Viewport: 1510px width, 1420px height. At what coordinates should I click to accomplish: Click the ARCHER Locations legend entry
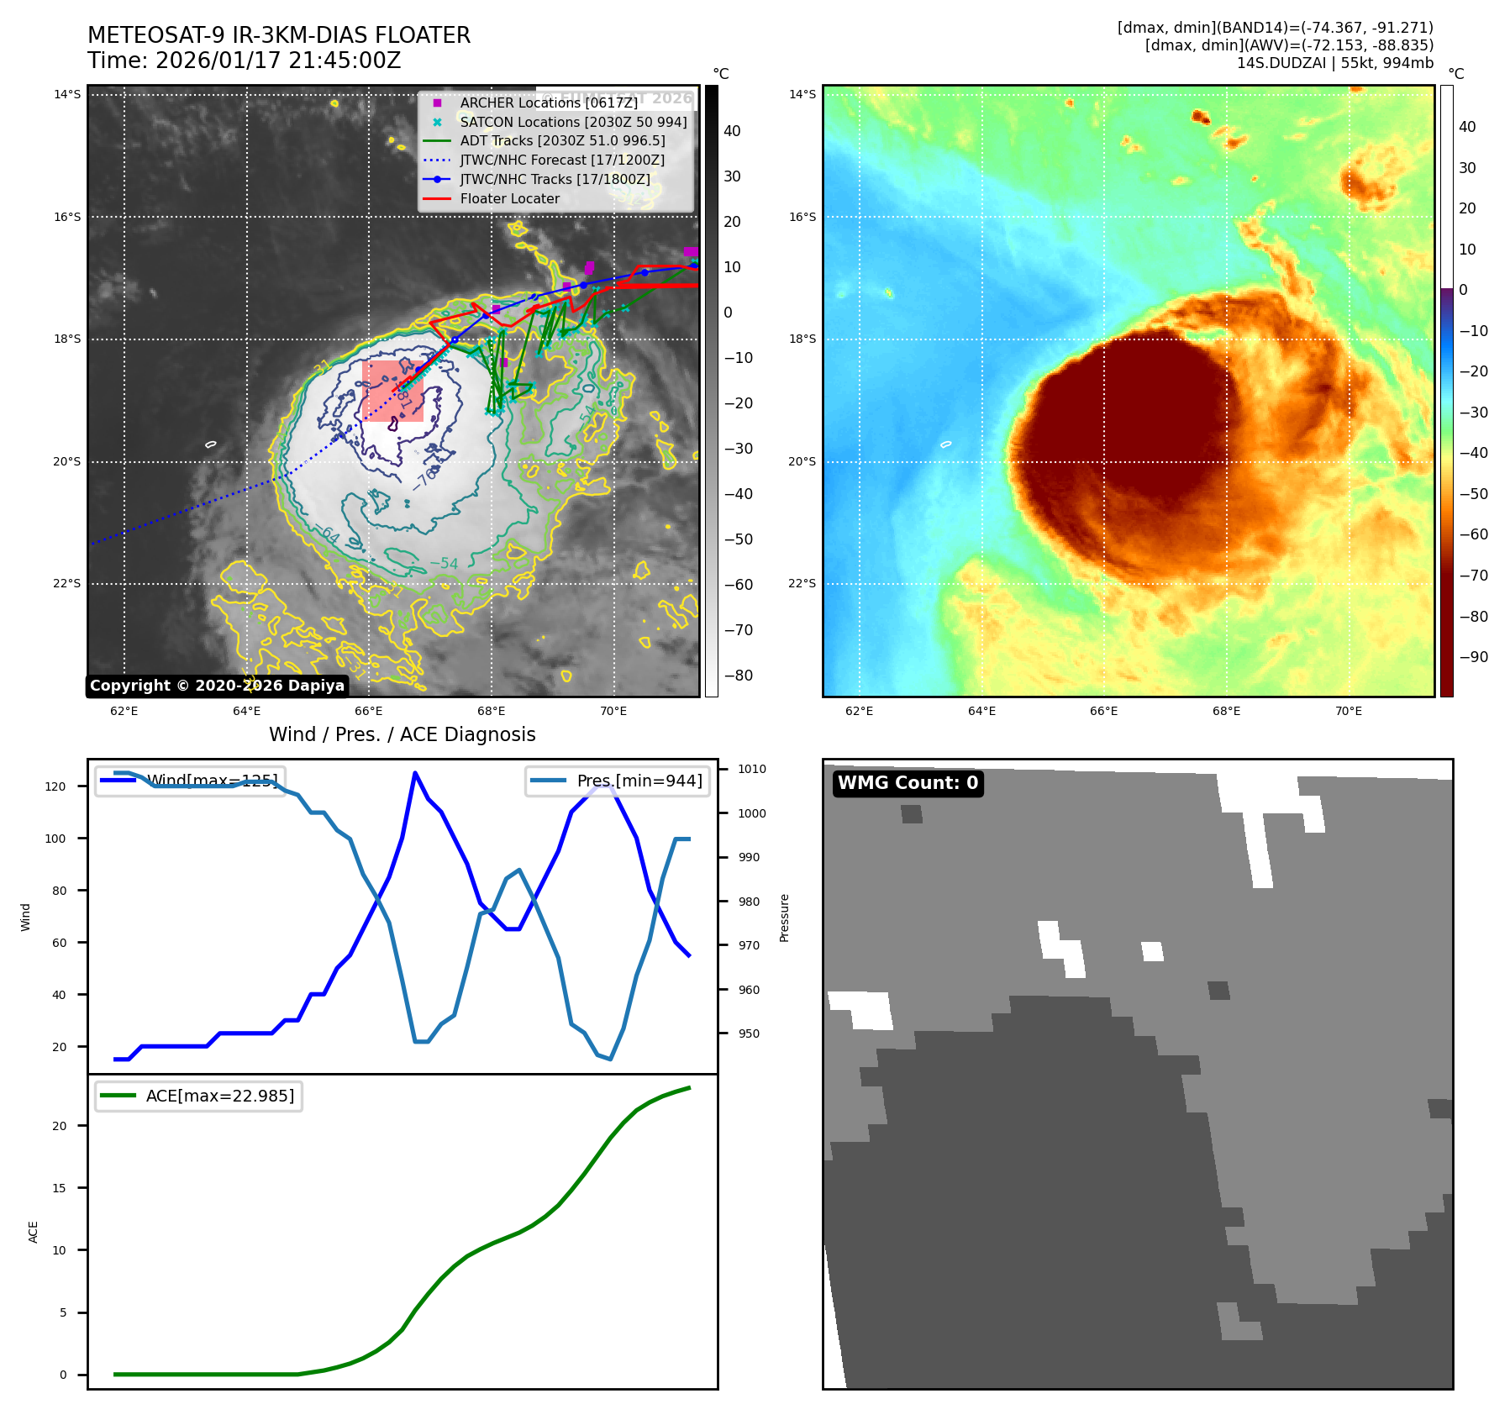pos(548,103)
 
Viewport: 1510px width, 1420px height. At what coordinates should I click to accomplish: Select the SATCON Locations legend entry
pos(572,122)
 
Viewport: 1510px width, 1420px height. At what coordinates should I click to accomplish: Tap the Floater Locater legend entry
pos(509,198)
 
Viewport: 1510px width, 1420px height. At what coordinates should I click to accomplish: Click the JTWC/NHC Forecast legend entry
pos(561,160)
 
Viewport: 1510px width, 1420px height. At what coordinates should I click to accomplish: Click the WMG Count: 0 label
pos(908,783)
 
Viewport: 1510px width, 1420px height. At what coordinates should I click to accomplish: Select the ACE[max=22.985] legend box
pos(199,1096)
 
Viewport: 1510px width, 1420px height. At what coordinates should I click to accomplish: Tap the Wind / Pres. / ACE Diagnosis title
pos(402,734)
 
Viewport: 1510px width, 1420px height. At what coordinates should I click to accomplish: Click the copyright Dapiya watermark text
pos(217,686)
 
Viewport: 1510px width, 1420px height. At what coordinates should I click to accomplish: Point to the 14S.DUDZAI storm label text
pos(1334,63)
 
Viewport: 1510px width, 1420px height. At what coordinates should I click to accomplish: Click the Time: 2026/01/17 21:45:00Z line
pos(244,60)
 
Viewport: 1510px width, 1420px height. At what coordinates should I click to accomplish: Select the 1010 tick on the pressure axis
pos(752,769)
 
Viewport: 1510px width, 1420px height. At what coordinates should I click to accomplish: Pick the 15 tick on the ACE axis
pos(59,1188)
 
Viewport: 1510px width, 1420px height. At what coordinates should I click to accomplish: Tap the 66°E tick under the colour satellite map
pos(1103,711)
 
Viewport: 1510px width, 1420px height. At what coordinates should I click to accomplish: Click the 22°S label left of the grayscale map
pos(67,583)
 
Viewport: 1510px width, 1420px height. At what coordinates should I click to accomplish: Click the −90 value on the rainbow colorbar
pos(1473,657)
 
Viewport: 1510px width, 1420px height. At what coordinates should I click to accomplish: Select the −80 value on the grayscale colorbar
pos(739,676)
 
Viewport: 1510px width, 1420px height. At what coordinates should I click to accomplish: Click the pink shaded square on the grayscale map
pos(392,391)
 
